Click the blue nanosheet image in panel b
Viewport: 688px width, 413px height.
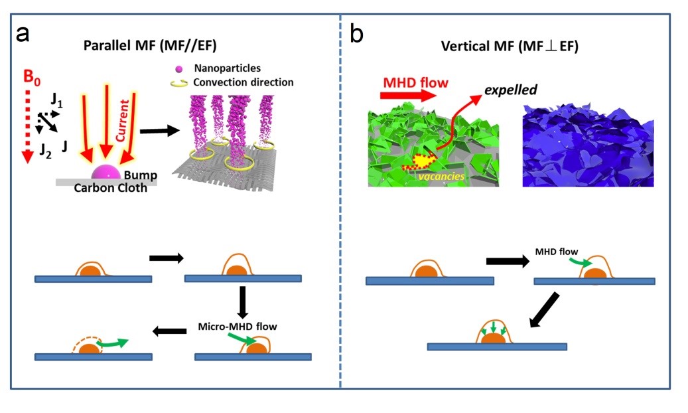(x=587, y=145)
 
